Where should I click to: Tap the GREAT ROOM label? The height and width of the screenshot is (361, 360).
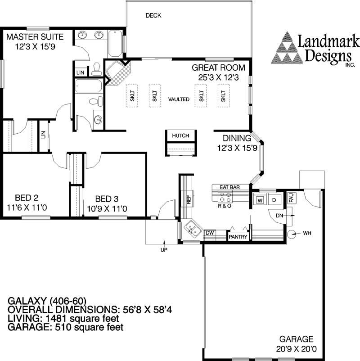coord(218,68)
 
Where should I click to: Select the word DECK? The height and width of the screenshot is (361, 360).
coord(153,16)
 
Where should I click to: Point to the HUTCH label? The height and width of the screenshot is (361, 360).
coord(180,135)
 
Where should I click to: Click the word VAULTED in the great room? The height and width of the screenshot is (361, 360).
coord(179,99)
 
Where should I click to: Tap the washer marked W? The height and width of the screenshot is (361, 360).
coord(260,200)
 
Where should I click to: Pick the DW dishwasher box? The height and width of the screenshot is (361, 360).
coord(209,233)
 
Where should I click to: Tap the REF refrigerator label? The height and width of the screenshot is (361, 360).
coord(189,199)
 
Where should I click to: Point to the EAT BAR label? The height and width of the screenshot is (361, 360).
coord(229,186)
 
